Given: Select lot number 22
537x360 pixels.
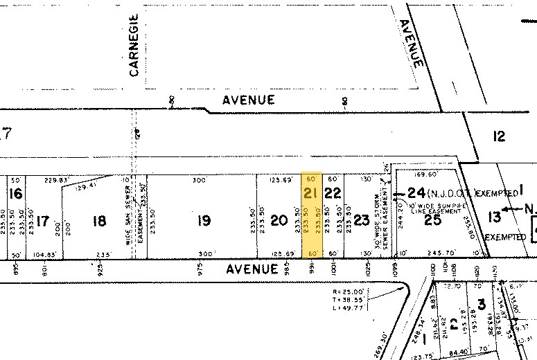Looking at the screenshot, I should (333, 193).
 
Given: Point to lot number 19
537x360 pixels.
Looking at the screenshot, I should (203, 221).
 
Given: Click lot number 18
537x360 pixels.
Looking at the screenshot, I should (100, 221).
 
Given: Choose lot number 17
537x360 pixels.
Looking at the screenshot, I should (43, 221).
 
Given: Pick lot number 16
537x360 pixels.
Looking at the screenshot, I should (16, 193).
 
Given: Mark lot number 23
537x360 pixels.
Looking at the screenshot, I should (361, 220).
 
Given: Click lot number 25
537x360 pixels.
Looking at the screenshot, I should (432, 220).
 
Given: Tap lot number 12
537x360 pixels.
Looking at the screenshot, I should (500, 136).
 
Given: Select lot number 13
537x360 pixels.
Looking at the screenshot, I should (494, 217).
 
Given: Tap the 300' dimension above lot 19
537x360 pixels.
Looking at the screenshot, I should (200, 180).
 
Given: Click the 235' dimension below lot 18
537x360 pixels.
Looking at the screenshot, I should (103, 254).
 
